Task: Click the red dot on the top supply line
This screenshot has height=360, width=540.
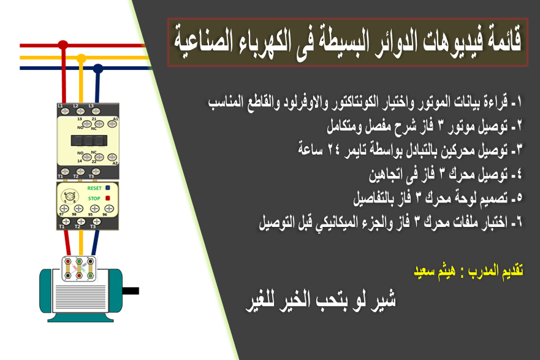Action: (x=63, y=45)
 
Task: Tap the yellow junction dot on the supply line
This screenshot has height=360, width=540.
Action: (x=80, y=58)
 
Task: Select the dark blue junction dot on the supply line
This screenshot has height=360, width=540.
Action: (x=97, y=67)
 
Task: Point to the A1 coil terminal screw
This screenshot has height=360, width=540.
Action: (x=114, y=124)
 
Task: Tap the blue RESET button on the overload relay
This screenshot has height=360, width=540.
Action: (x=107, y=188)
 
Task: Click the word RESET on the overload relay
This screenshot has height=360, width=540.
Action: (x=94, y=188)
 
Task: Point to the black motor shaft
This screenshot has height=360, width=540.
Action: (x=129, y=291)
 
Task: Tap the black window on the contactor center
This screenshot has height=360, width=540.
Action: (x=86, y=140)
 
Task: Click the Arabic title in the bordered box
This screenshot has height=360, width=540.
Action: (x=348, y=42)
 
